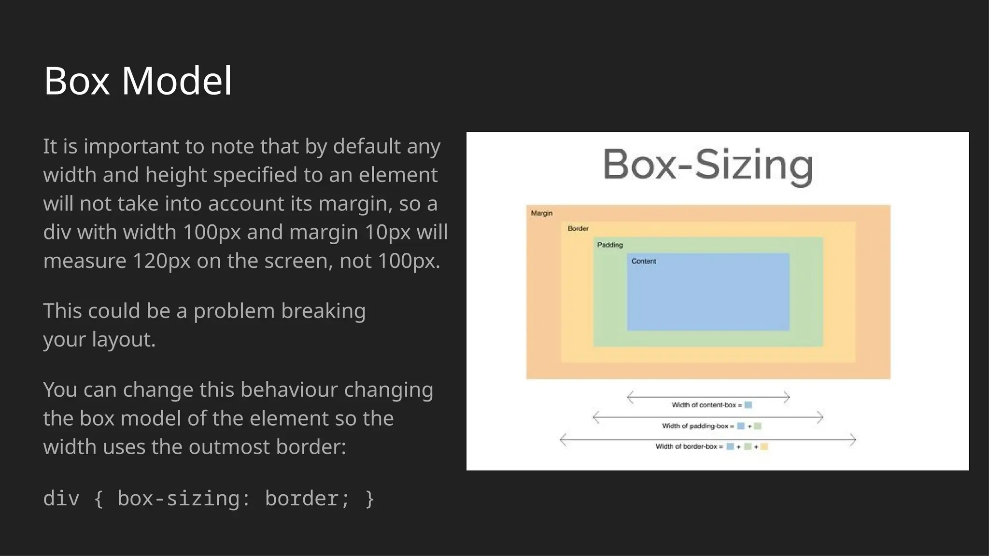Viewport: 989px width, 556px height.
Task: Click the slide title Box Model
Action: click(x=138, y=81)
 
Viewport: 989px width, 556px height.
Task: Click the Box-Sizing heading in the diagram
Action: click(x=707, y=165)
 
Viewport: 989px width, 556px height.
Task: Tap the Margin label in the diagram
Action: click(x=541, y=213)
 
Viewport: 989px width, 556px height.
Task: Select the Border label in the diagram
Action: click(x=578, y=229)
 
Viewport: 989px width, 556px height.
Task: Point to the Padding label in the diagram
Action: click(x=610, y=245)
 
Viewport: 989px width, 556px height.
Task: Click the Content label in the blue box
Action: click(x=644, y=262)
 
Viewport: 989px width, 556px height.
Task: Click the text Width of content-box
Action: click(x=704, y=405)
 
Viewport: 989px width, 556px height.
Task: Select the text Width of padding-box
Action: click(x=695, y=426)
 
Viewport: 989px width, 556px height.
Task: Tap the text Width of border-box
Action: click(x=686, y=446)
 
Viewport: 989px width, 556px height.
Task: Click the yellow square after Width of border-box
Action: click(x=764, y=446)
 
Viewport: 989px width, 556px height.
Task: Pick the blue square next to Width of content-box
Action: click(x=748, y=405)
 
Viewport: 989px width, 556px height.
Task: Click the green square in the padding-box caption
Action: click(x=758, y=426)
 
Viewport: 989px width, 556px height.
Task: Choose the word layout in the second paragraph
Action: click(x=121, y=340)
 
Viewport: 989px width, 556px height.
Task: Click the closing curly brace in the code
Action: click(x=370, y=499)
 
